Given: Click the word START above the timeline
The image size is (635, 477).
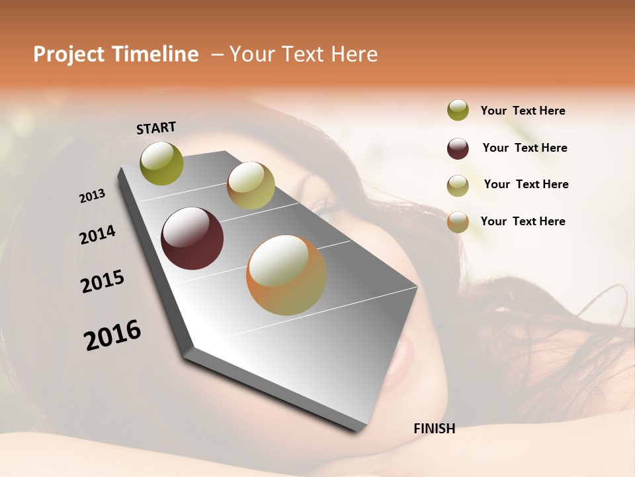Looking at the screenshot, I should point(156,128).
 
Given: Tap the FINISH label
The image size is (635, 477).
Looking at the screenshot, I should point(434,429).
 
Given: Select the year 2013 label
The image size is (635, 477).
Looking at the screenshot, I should point(93,196).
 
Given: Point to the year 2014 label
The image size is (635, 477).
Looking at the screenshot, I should point(97,235).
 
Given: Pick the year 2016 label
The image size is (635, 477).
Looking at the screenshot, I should point(112,335).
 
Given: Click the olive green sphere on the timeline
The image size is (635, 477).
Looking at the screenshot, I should point(162,164).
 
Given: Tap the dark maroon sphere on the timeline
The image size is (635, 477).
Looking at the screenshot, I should point(192,238).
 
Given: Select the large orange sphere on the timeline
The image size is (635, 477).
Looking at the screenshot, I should point(286,275).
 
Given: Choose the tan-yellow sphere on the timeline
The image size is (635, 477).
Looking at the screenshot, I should point(251,185).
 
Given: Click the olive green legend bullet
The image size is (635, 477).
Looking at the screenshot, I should point(458,111).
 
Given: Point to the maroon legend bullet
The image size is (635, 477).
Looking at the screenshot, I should point(458,148).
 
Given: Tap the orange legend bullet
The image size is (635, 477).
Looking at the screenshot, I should point(458,222).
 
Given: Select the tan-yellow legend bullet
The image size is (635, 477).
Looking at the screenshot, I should point(458,185).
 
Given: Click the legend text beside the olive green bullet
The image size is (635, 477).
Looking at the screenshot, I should point(523,111).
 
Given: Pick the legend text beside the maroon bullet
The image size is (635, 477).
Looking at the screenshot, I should point(525,148).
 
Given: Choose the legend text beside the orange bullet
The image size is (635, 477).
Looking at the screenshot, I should point(523,221).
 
